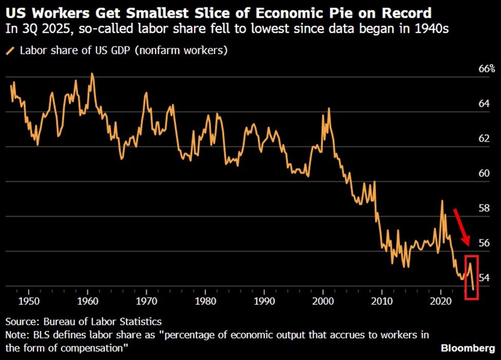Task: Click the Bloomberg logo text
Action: click(468, 348)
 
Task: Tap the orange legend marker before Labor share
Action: click(10, 51)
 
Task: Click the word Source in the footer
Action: click(21, 322)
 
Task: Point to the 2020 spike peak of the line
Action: click(441, 201)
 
